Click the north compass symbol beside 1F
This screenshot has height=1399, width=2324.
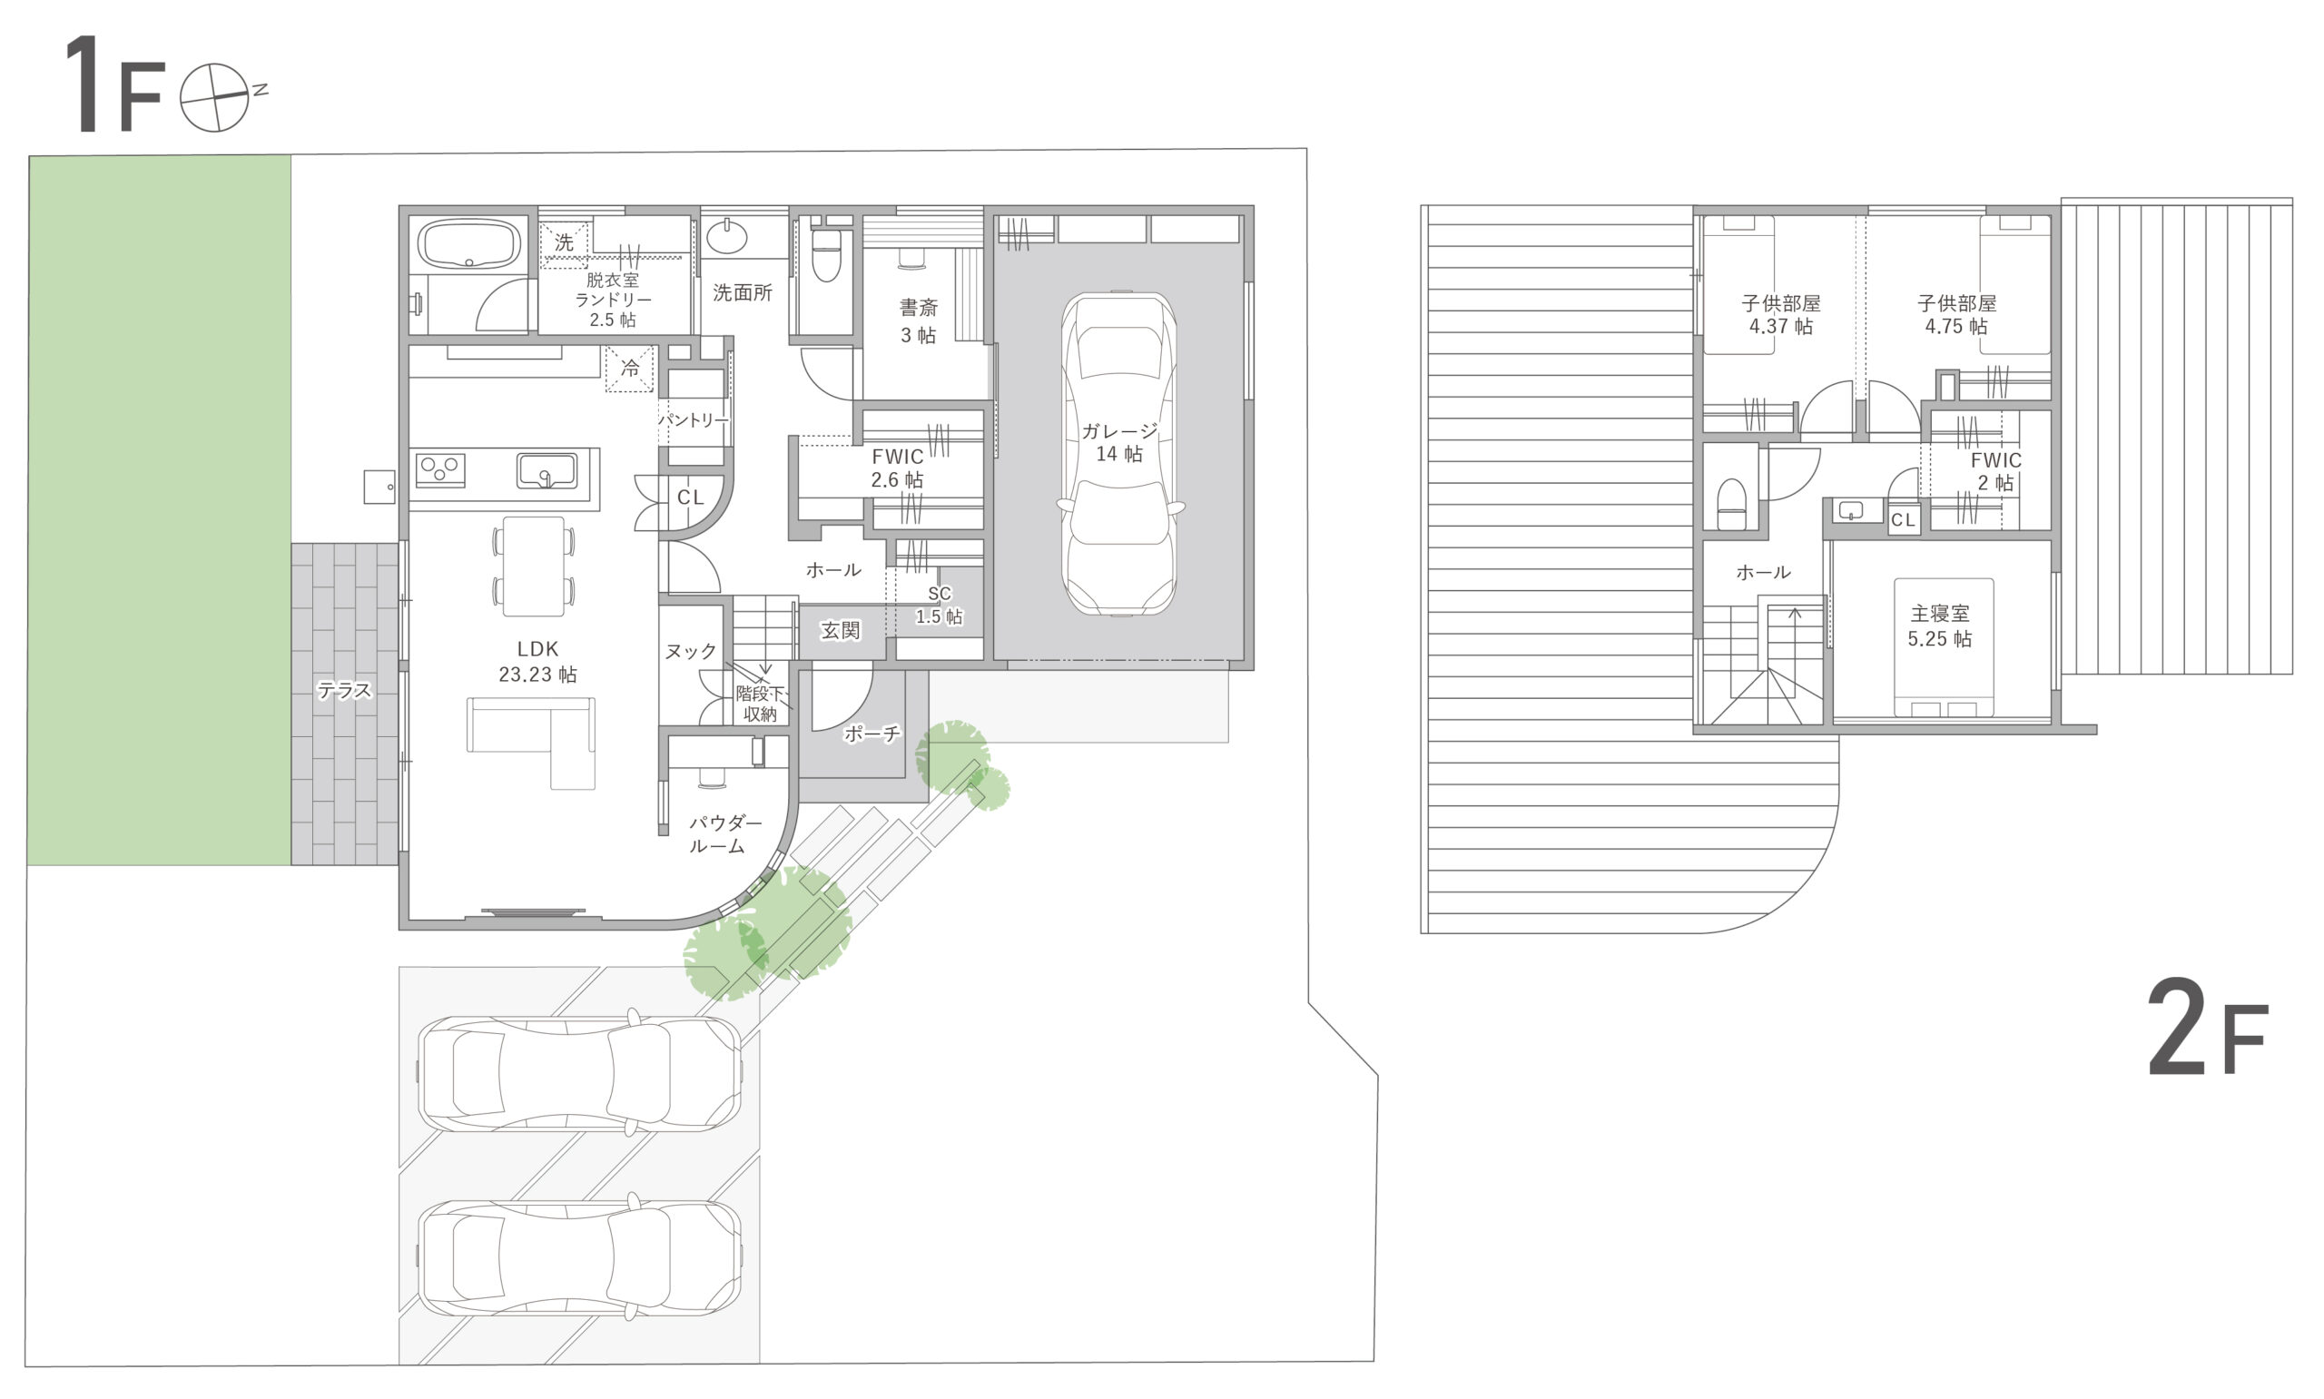[216, 97]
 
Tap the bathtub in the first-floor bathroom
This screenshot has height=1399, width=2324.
[468, 244]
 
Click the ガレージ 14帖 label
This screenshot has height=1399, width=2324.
[1118, 442]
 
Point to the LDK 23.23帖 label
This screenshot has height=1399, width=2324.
[537, 661]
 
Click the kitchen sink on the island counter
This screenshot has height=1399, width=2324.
[547, 470]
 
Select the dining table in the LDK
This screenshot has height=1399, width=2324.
[534, 566]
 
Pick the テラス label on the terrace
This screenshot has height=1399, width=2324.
[344, 691]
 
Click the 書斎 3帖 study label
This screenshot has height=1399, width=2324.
[918, 320]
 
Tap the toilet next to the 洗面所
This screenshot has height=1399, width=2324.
[825, 253]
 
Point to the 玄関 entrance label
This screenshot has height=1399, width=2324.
[840, 630]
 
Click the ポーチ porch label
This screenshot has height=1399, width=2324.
[871, 734]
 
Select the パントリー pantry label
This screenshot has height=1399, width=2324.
[694, 419]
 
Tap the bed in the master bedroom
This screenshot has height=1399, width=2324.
[1944, 647]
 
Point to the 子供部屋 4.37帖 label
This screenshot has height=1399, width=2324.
[1780, 315]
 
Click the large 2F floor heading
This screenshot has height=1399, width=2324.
[2207, 1030]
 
